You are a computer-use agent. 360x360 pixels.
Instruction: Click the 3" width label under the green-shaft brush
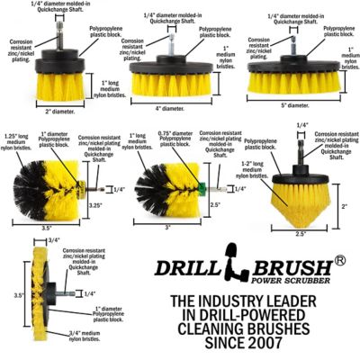[x=168, y=227]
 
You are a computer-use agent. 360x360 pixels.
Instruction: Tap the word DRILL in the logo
[x=184, y=269]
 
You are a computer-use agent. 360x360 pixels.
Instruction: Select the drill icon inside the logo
[x=235, y=271]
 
